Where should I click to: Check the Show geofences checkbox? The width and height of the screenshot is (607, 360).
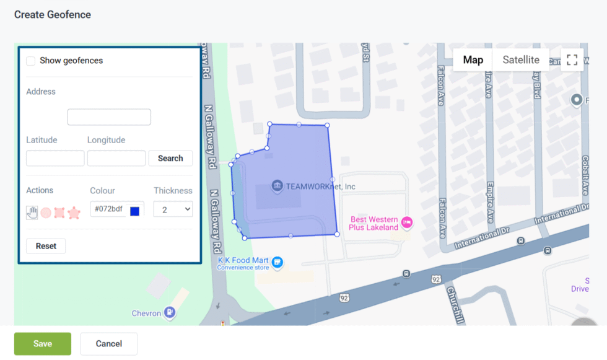pyautogui.click(x=30, y=61)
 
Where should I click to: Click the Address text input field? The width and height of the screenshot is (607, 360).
pyautogui.click(x=109, y=117)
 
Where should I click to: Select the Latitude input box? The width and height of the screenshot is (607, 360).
pyautogui.click(x=55, y=158)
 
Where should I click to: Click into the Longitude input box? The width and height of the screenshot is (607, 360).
pyautogui.click(x=116, y=158)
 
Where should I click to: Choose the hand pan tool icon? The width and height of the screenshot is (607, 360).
pyautogui.click(x=32, y=213)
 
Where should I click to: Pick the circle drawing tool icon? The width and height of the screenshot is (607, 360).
pyautogui.click(x=46, y=213)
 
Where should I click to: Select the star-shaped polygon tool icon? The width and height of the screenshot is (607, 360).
pyautogui.click(x=74, y=213)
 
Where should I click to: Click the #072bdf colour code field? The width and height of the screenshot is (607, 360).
pyautogui.click(x=109, y=209)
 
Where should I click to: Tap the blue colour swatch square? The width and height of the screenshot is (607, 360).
pyautogui.click(x=134, y=211)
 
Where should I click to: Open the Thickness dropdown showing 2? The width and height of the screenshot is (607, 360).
pyautogui.click(x=173, y=209)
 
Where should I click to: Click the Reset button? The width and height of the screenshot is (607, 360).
pyautogui.click(x=46, y=246)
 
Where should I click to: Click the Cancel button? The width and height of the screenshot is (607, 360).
pyautogui.click(x=108, y=344)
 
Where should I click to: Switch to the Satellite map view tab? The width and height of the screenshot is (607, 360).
pyautogui.click(x=521, y=60)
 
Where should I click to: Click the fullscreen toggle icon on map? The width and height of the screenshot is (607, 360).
pyautogui.click(x=572, y=60)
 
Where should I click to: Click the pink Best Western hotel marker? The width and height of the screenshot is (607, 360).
pyautogui.click(x=407, y=222)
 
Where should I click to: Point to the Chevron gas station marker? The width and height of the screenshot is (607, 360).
pyautogui.click(x=170, y=312)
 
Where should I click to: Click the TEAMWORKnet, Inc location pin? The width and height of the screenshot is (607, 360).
pyautogui.click(x=277, y=186)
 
